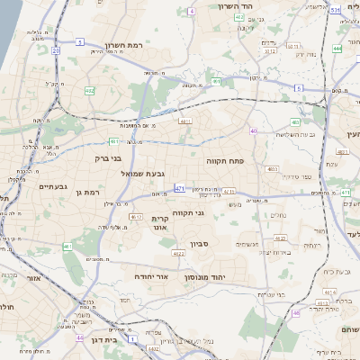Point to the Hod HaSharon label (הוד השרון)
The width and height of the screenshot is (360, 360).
pyautogui.click(x=238, y=6)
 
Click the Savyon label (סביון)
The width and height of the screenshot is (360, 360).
pyautogui.click(x=200, y=242)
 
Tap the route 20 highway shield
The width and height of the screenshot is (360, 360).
pyautogui.click(x=55, y=51)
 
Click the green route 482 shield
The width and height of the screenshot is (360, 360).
pyautogui.click(x=89, y=91)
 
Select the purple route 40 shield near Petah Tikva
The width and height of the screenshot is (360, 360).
pyautogui.click(x=253, y=131)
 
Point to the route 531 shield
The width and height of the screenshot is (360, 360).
pyautogui.click(x=334, y=10)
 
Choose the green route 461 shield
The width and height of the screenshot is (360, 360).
pyautogui.click(x=67, y=247)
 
